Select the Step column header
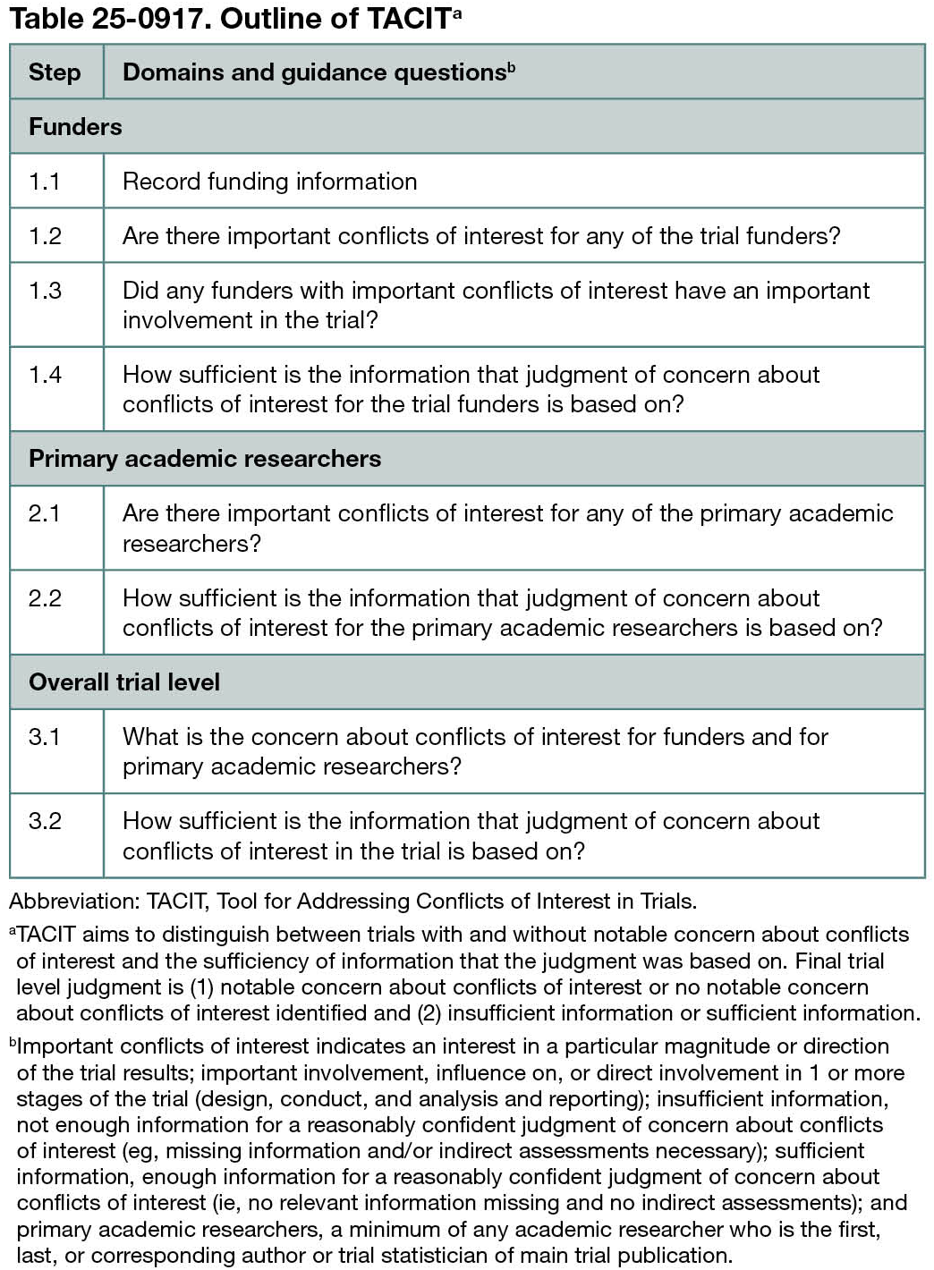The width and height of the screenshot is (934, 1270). pos(55,72)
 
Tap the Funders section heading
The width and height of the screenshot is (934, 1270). pos(75,126)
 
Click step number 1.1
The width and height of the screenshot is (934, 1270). pos(45,182)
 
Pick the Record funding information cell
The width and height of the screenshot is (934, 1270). pos(269,182)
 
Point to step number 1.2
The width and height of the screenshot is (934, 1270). pos(45,236)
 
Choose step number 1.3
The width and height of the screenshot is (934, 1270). pos(45,291)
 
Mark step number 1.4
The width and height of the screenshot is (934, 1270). pos(45,375)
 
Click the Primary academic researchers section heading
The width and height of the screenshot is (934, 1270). pos(205,459)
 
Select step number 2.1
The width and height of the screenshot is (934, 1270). pos(45,513)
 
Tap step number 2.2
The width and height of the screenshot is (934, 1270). pos(45,598)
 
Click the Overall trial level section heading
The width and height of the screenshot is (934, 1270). pos(124,682)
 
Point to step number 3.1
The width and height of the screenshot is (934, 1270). pos(45,737)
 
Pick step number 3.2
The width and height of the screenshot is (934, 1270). pos(45,821)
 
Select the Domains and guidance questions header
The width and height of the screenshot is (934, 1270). pos(314,72)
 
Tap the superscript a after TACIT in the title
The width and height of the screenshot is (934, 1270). pos(457,13)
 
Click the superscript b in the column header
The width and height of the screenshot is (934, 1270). pos(512,67)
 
